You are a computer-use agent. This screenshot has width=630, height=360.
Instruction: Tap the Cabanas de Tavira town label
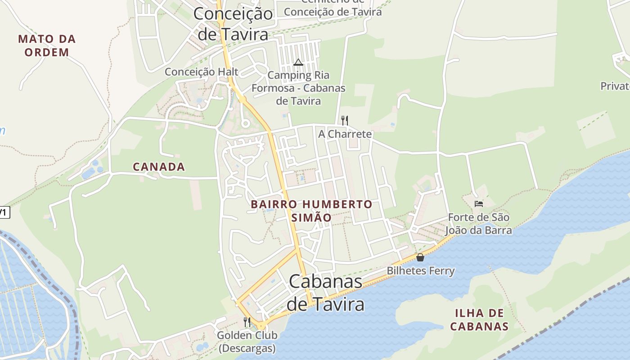(325, 292)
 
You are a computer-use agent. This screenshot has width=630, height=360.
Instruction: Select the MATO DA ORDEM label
(47, 45)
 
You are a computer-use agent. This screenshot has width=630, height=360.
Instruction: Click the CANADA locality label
(159, 167)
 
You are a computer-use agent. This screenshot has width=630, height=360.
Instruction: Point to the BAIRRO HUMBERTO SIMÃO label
(311, 211)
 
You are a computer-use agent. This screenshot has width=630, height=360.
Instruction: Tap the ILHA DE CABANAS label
(479, 319)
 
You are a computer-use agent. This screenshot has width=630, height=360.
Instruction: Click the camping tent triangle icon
(298, 62)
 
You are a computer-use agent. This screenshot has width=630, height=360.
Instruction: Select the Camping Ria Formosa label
(298, 88)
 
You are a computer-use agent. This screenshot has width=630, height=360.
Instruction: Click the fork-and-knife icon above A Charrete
(345, 120)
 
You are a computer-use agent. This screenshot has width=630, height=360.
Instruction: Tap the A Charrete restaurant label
(345, 134)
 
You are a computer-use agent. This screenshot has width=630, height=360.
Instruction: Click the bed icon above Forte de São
(479, 204)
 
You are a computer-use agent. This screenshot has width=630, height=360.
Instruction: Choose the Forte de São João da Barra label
(479, 224)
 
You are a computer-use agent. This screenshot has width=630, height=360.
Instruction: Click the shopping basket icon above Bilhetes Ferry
(420, 257)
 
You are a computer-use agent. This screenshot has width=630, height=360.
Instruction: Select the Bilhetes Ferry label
(421, 271)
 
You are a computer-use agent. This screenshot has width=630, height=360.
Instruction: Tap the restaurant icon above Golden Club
(247, 322)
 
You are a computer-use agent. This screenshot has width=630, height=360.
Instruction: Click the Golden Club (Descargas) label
(247, 342)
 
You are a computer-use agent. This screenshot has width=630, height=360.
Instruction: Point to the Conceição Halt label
(201, 72)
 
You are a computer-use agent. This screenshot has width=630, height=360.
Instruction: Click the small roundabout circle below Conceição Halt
(245, 123)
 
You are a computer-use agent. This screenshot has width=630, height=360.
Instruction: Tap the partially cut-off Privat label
(615, 86)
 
